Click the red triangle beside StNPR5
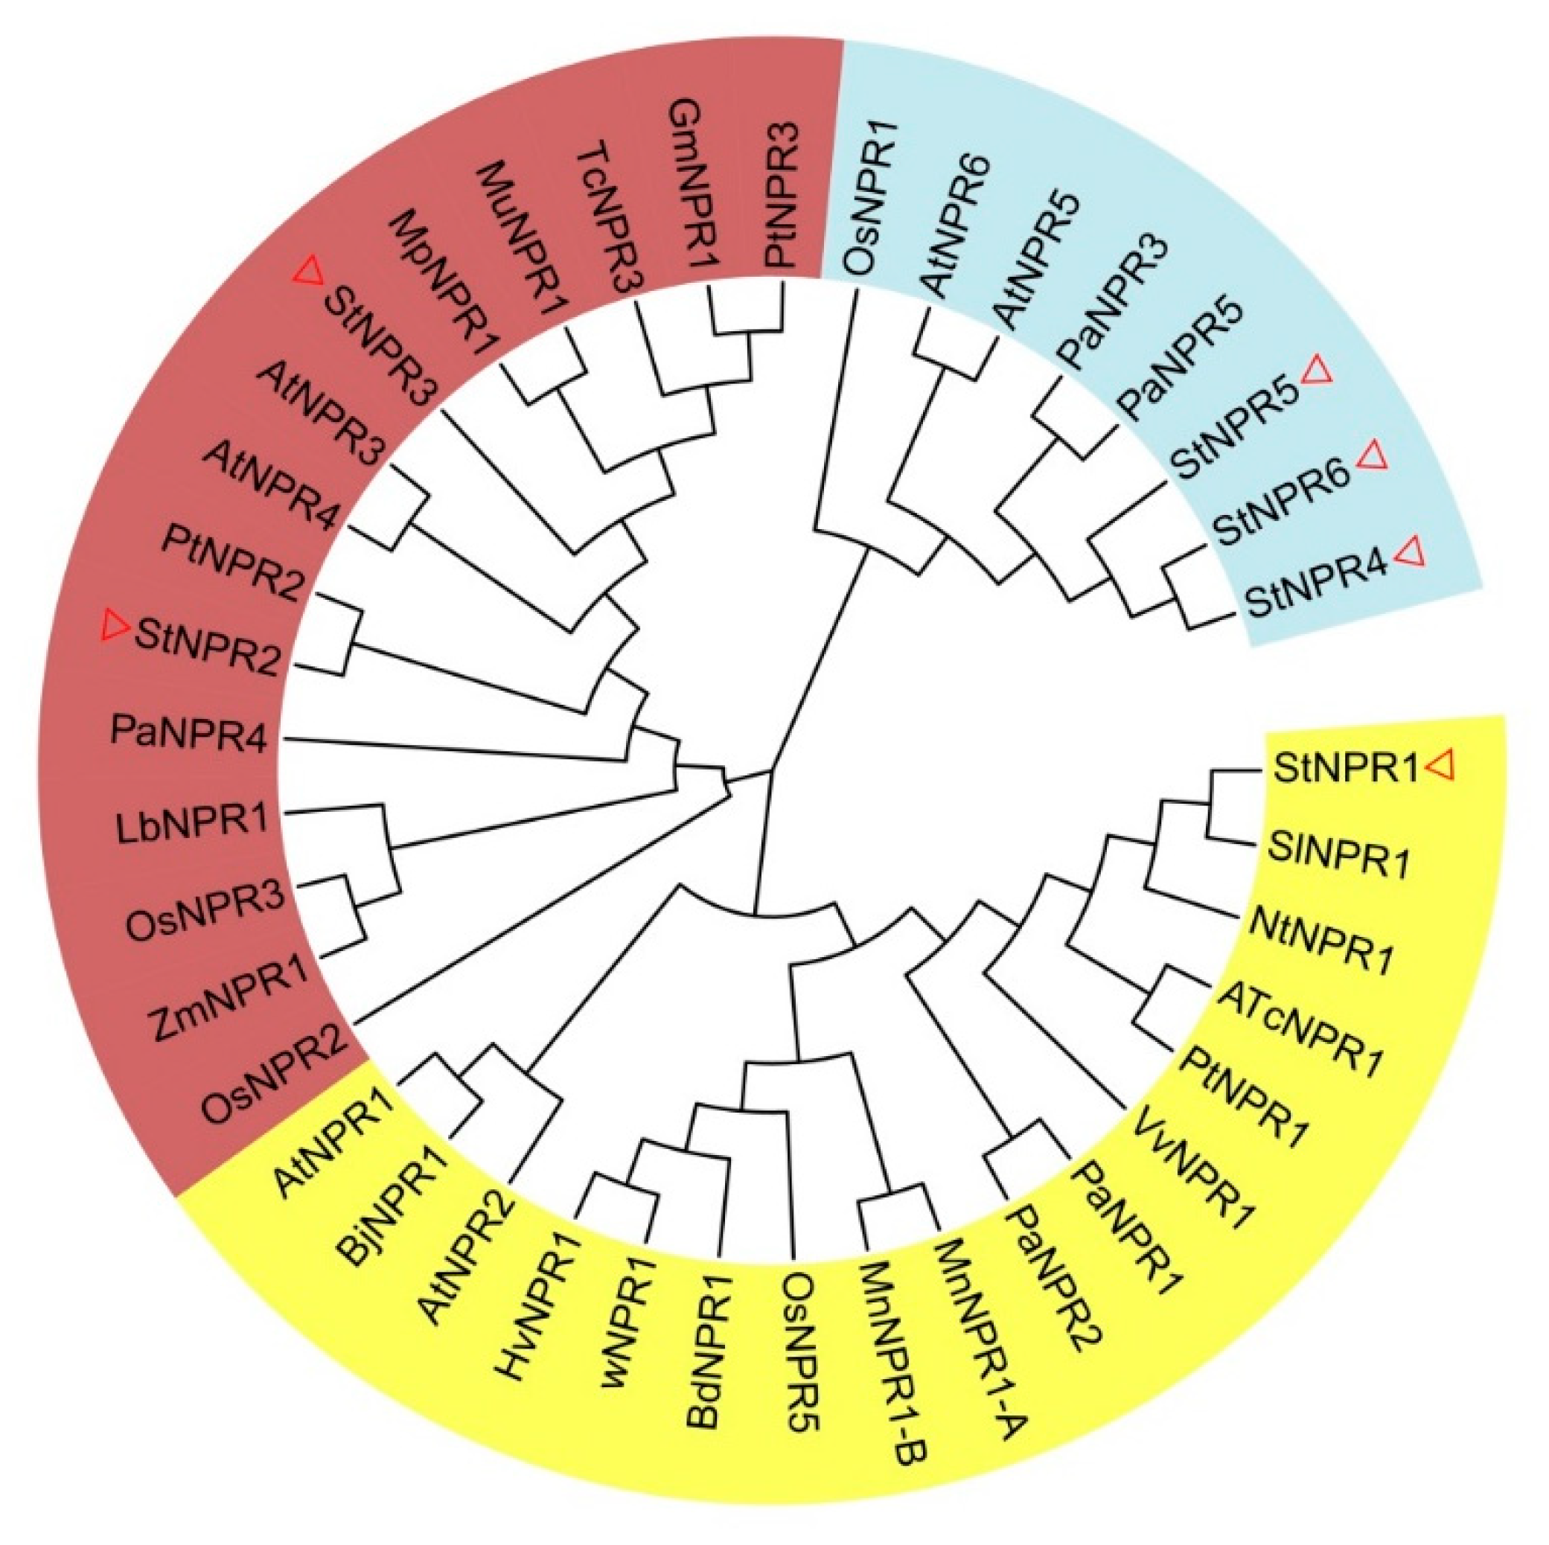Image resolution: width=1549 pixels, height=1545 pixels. coord(1317,373)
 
